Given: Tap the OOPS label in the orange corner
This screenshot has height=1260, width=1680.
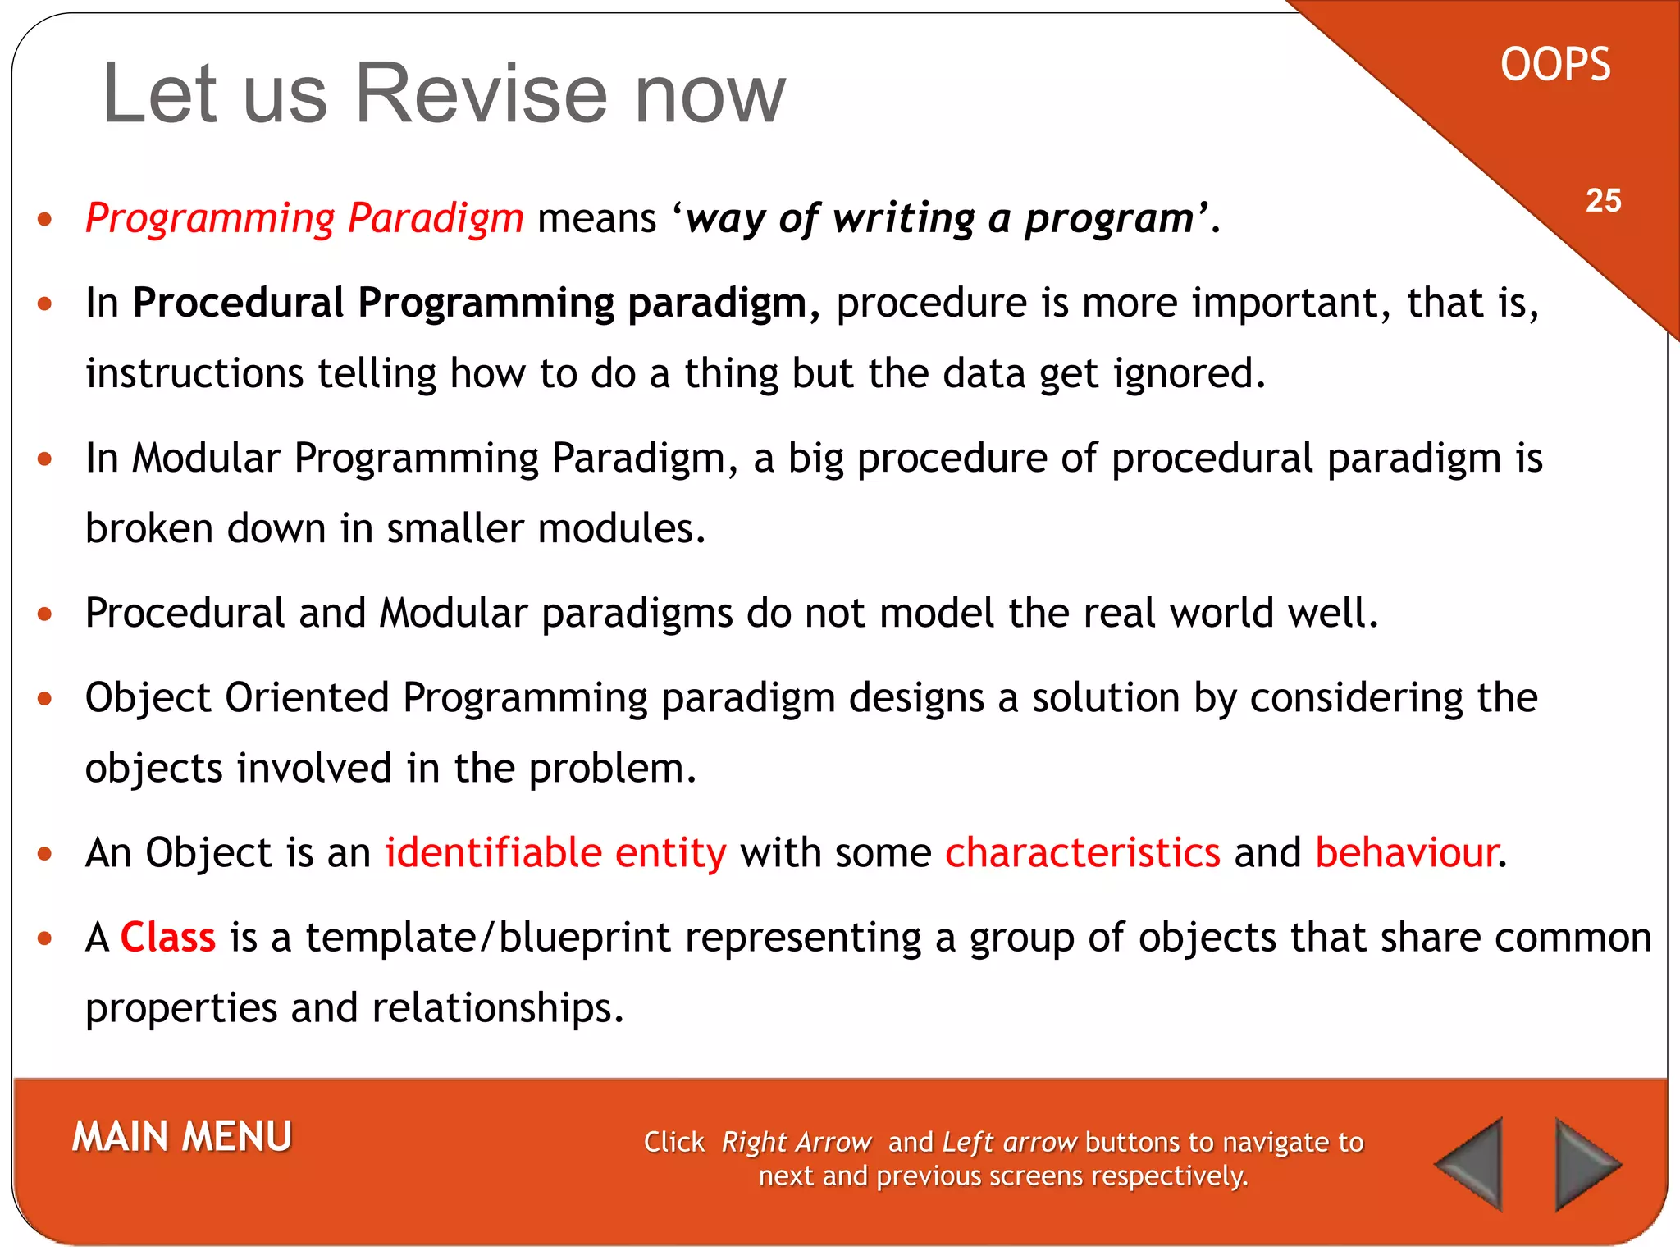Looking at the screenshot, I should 1554,65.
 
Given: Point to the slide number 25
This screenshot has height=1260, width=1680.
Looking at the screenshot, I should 1603,201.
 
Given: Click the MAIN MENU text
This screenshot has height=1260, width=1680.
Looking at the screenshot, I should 182,1137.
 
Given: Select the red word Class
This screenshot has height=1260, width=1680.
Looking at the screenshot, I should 168,937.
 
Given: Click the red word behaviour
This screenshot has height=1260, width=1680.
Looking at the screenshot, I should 1406,852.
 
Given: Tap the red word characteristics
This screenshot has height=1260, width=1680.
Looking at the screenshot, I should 1083,852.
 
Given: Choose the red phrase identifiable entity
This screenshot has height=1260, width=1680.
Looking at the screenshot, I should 556,852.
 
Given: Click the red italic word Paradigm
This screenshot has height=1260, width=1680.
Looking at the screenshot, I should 436,218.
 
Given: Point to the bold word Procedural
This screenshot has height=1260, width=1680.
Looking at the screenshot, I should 238,303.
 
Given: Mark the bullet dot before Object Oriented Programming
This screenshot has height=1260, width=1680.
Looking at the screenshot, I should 45,699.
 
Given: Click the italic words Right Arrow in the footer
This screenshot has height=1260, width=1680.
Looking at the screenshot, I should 796,1142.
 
